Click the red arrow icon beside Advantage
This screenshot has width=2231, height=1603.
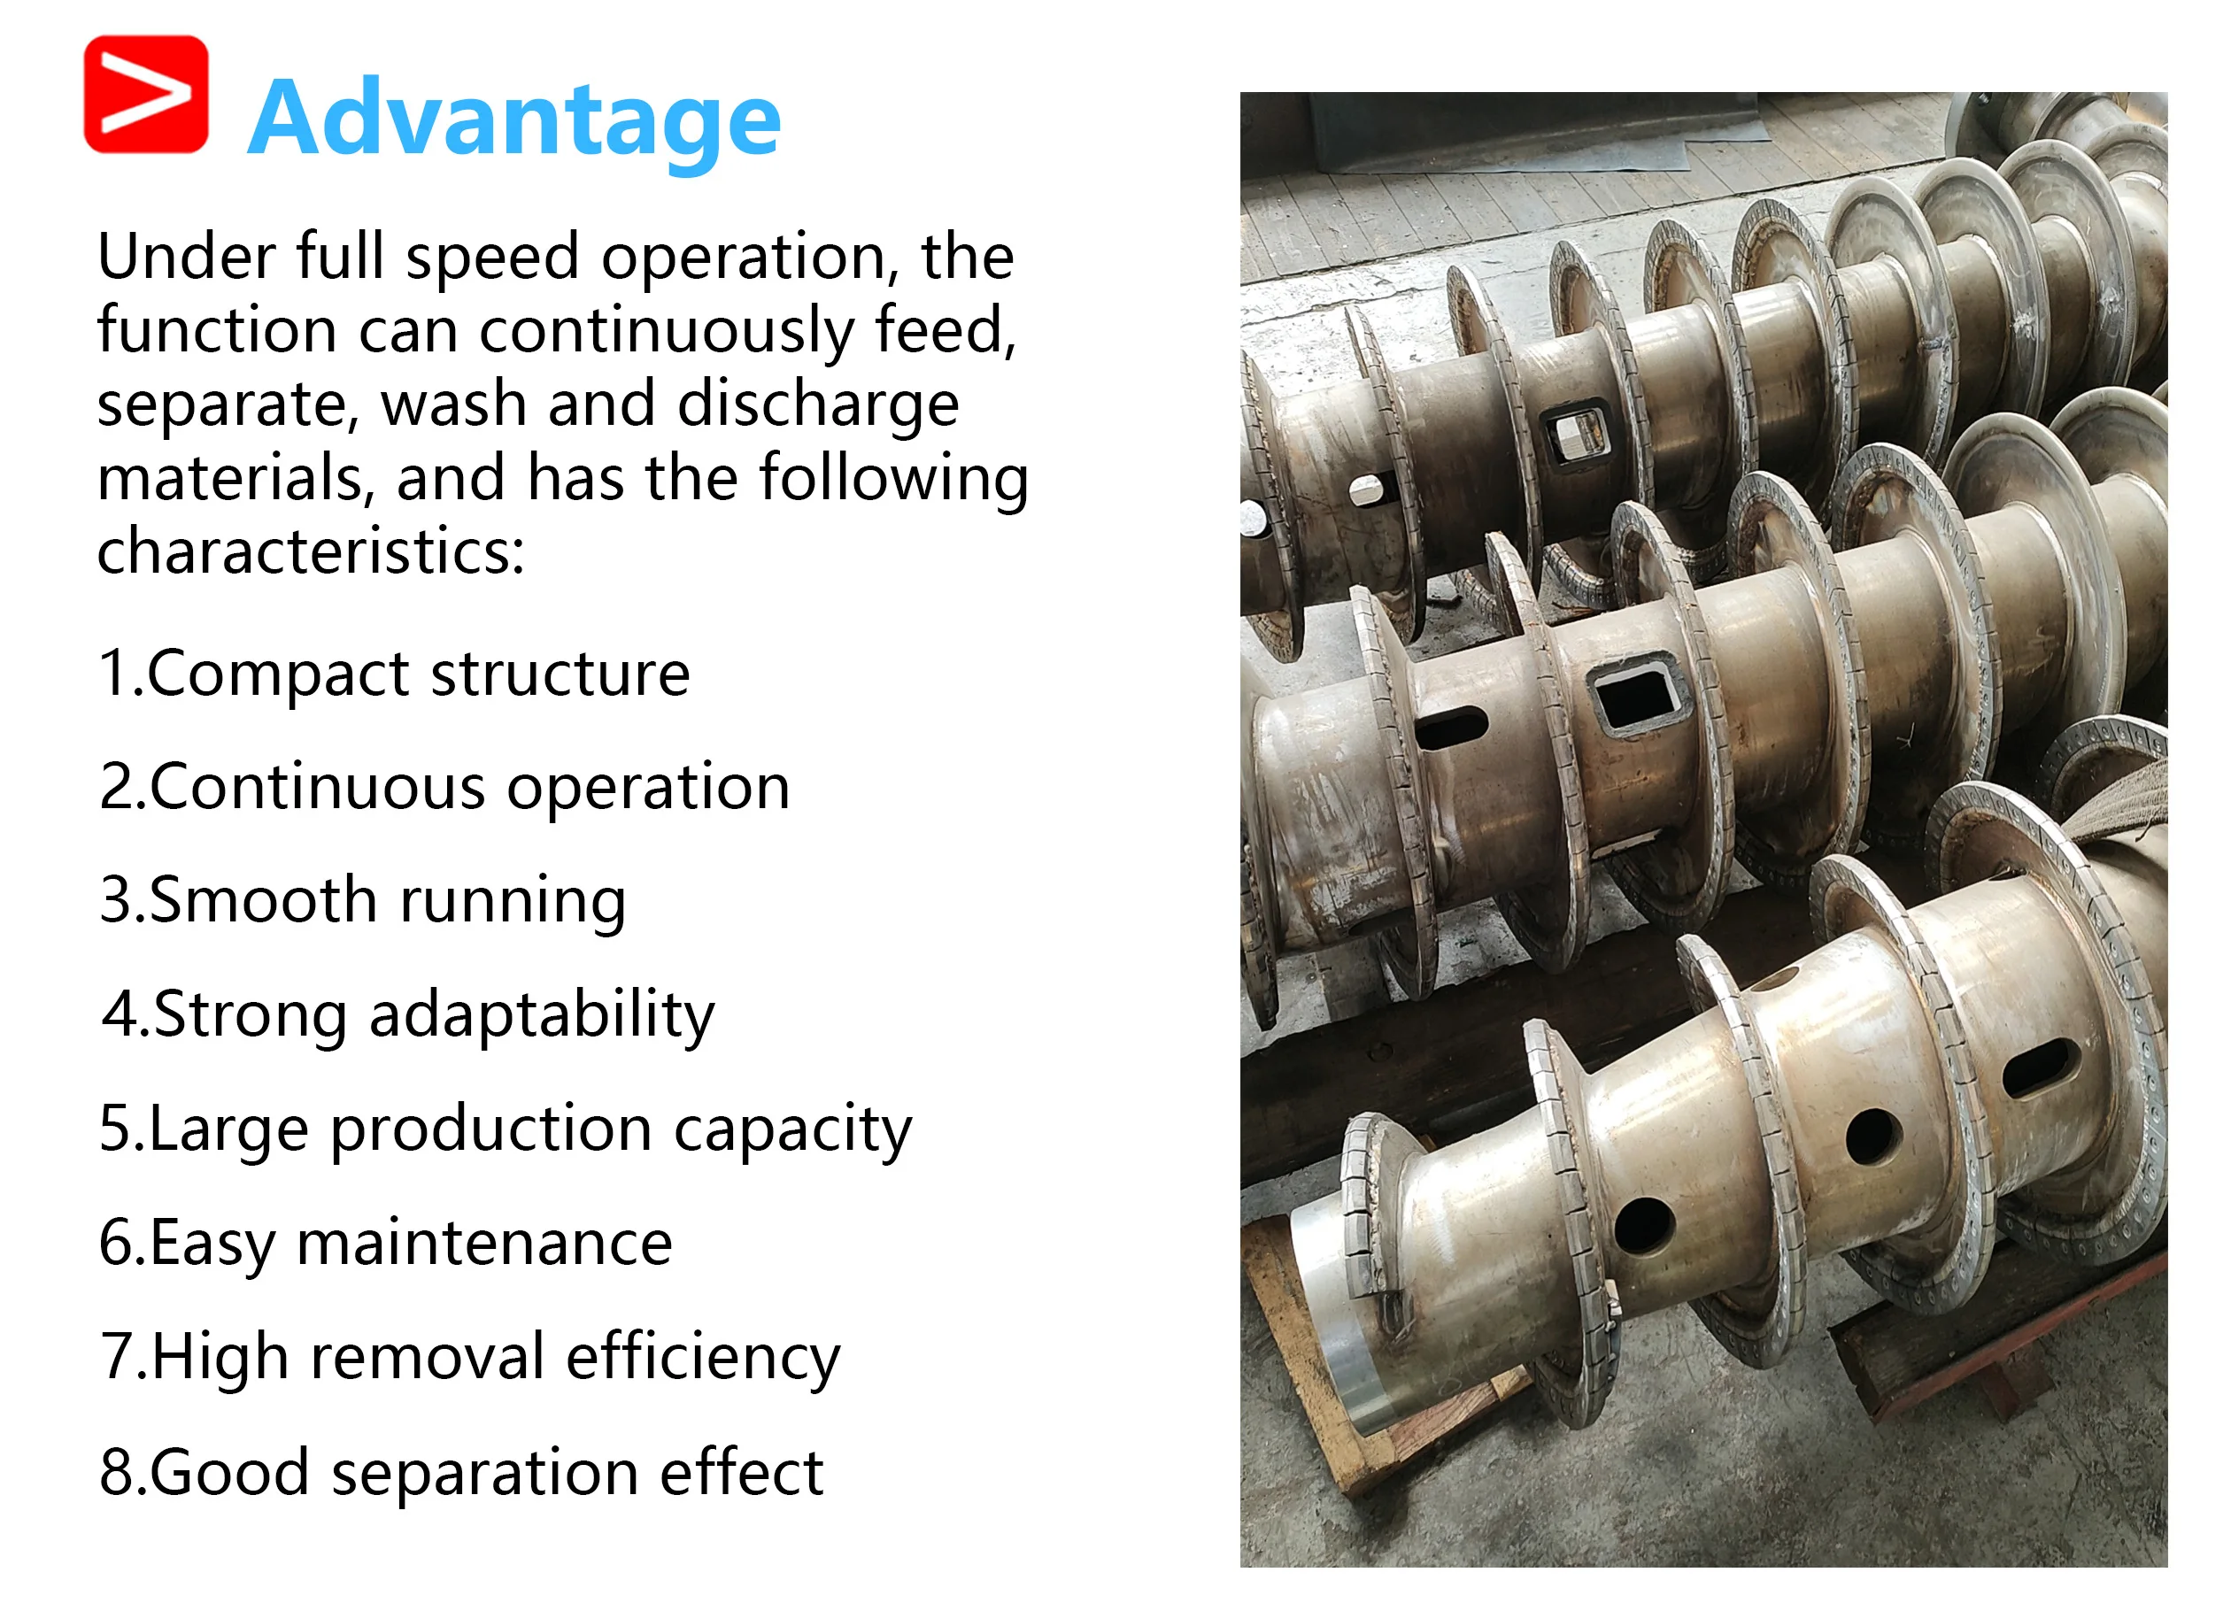[145, 95]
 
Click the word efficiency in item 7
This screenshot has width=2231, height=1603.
[703, 1358]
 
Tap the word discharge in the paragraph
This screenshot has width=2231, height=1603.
[817, 405]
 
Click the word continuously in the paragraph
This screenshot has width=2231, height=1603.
[666, 331]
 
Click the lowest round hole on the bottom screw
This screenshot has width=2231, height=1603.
[1644, 1225]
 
